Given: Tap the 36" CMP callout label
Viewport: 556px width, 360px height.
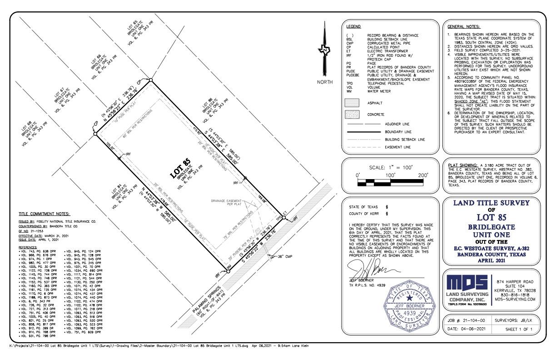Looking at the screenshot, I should pyautogui.click(x=286, y=257).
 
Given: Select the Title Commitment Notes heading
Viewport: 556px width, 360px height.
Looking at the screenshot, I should pyautogui.click(x=44, y=214).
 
